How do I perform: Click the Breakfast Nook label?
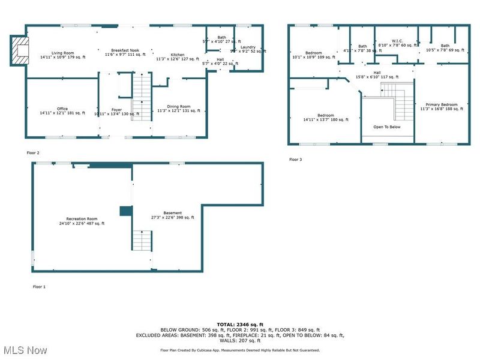tap(125, 52)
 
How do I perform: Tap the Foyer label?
tap(116, 111)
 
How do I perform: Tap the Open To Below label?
tap(388, 127)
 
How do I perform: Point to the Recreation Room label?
tap(82, 221)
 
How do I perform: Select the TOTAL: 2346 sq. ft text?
tap(240, 324)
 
